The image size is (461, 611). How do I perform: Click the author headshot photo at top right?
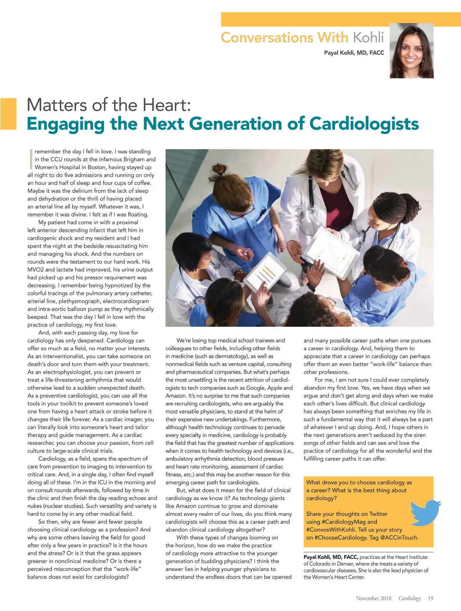pos(411,51)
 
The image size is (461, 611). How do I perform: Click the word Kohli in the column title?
pos(368,38)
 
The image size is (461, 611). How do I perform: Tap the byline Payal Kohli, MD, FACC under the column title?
pos(354,53)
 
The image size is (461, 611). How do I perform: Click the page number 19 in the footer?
pos(430,598)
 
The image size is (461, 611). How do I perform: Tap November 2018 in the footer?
pos(373,598)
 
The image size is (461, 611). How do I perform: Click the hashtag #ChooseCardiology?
pos(341,538)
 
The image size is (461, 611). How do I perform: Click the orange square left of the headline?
pos(8,114)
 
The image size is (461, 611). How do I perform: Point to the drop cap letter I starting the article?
pos(30,159)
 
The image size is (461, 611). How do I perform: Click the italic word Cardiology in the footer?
pos(410,598)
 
